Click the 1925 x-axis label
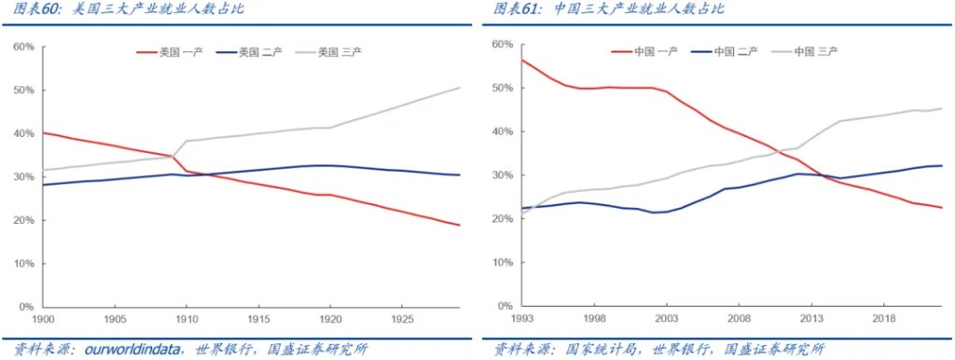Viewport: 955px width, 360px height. [399, 317]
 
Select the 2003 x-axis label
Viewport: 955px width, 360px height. [667, 318]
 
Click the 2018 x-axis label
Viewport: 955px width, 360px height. [881, 318]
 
